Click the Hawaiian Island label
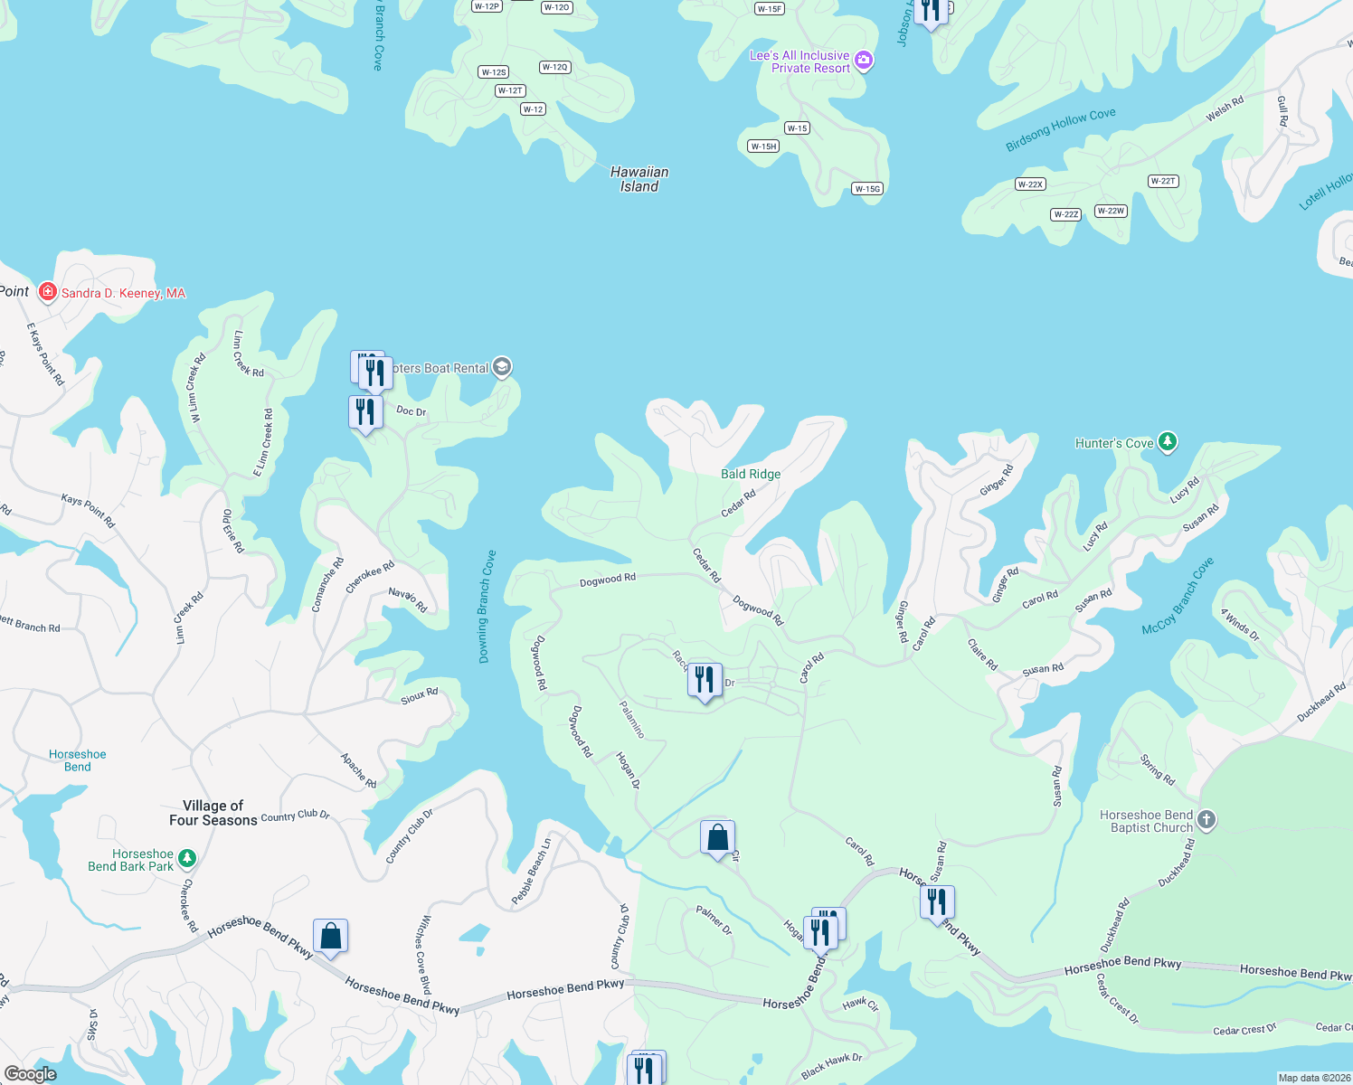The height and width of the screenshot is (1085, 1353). [x=639, y=179]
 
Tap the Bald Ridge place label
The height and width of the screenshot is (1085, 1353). [x=751, y=474]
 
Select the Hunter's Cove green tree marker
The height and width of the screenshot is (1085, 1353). [x=1168, y=441]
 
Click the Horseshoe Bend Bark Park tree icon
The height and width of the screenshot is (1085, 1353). [x=187, y=857]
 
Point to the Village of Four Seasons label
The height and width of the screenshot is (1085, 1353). [x=213, y=813]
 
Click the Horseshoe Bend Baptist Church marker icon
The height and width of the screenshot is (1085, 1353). [x=1206, y=819]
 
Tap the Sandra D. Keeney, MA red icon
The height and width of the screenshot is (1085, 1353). [x=48, y=292]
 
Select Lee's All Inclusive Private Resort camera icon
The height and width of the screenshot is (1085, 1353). [x=864, y=61]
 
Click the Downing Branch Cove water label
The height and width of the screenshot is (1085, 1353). [x=487, y=607]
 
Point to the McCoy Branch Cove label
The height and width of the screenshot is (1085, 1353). [x=1178, y=596]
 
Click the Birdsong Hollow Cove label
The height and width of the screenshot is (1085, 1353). [x=1061, y=130]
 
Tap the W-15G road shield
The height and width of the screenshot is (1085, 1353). [x=867, y=189]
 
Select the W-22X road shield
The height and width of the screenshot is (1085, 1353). [x=1030, y=184]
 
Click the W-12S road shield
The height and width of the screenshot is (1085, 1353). [x=494, y=72]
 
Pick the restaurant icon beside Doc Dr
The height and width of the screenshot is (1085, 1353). [x=365, y=411]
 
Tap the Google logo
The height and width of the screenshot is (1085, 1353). [x=30, y=1074]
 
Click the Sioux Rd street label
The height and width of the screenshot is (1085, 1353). [x=420, y=695]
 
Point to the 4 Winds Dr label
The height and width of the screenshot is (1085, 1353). [x=1240, y=625]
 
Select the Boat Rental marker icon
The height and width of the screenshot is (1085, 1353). [x=503, y=367]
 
